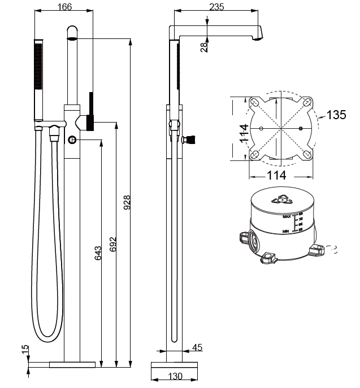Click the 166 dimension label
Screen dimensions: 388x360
click(x=65, y=7)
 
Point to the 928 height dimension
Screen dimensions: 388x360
click(x=127, y=203)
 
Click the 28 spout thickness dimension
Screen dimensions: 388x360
click(x=204, y=46)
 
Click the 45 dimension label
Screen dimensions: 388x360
click(x=197, y=347)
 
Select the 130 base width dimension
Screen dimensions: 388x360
click(x=175, y=376)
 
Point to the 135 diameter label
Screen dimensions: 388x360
click(x=336, y=115)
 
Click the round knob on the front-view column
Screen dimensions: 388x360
click(x=73, y=140)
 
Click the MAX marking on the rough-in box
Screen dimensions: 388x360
click(x=287, y=216)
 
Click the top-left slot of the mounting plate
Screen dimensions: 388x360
click(x=254, y=103)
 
